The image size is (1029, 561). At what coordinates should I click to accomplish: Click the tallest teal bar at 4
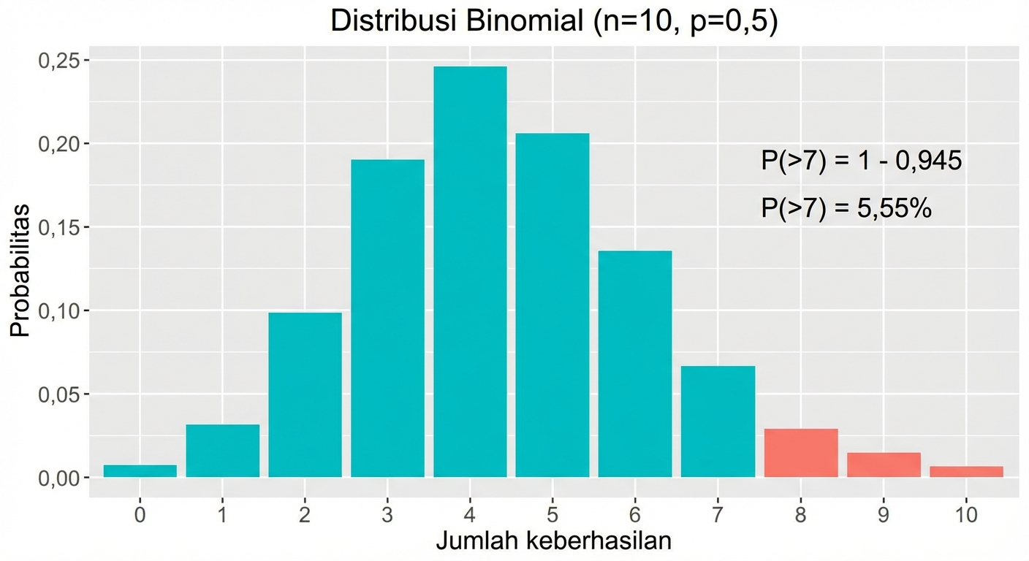tap(470, 272)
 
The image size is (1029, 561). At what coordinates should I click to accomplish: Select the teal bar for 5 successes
tap(553, 305)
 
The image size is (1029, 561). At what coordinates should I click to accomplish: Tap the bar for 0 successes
tap(140, 471)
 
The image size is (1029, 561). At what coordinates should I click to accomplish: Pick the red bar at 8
tap(801, 453)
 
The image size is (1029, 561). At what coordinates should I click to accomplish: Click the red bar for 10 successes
tap(966, 472)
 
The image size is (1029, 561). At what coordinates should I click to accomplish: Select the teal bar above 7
tap(718, 421)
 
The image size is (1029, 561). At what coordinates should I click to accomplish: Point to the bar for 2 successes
tap(305, 395)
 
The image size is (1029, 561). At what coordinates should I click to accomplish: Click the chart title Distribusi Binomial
tap(554, 21)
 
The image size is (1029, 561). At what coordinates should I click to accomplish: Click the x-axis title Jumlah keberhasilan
tap(553, 541)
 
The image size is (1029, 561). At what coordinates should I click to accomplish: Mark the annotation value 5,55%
tap(887, 209)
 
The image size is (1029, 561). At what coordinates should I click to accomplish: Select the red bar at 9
tap(884, 465)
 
